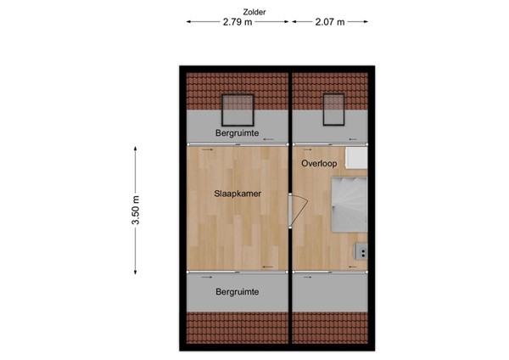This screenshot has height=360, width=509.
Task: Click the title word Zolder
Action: tap(254, 12)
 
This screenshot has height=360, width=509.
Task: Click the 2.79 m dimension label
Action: tap(238, 23)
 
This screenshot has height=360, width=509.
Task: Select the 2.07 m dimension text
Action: tap(328, 23)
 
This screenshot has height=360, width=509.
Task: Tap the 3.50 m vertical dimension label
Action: tap(136, 210)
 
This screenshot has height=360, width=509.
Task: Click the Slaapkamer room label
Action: tap(237, 194)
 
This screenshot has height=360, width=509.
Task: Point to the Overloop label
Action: tap(320, 161)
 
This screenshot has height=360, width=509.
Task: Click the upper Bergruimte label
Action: tap(237, 134)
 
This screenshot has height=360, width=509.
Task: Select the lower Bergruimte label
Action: tap(237, 292)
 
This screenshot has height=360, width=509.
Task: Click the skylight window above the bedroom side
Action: tap(233, 107)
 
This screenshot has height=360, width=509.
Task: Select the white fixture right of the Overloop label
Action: tap(360, 160)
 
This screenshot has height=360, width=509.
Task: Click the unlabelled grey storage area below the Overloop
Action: tap(332, 292)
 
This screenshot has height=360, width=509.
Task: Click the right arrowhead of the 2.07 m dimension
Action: tap(369, 23)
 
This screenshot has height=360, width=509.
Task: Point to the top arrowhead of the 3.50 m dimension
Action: tap(136, 148)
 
